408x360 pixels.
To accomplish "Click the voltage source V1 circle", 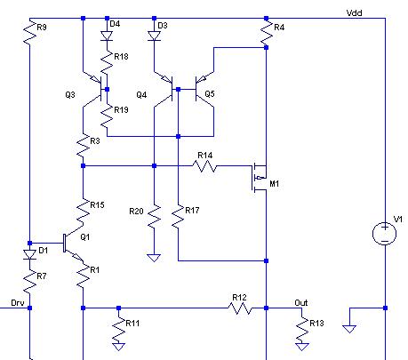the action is point(385,234).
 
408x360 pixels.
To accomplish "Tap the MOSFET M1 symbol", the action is point(260,178).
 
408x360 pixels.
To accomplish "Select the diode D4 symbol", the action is point(107,36).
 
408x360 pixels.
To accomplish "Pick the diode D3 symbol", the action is point(154,36).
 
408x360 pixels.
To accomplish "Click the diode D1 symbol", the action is point(29,254).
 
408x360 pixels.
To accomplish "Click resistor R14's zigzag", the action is point(204,166).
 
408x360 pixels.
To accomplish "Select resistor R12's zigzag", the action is point(240,308).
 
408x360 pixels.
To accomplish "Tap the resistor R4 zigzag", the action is point(266,33).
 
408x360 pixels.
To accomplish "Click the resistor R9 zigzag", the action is point(29,33).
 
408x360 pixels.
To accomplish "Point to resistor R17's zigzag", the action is point(178,216).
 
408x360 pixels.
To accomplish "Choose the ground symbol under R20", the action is point(154,258).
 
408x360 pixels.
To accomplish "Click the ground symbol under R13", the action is point(302,347).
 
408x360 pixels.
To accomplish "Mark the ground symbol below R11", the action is point(118,347).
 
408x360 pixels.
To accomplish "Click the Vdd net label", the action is point(354,13).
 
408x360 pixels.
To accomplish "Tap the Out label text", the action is point(301,303).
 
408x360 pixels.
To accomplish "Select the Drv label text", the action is point(18,303).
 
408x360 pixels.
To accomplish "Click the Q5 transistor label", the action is point(210,94).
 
